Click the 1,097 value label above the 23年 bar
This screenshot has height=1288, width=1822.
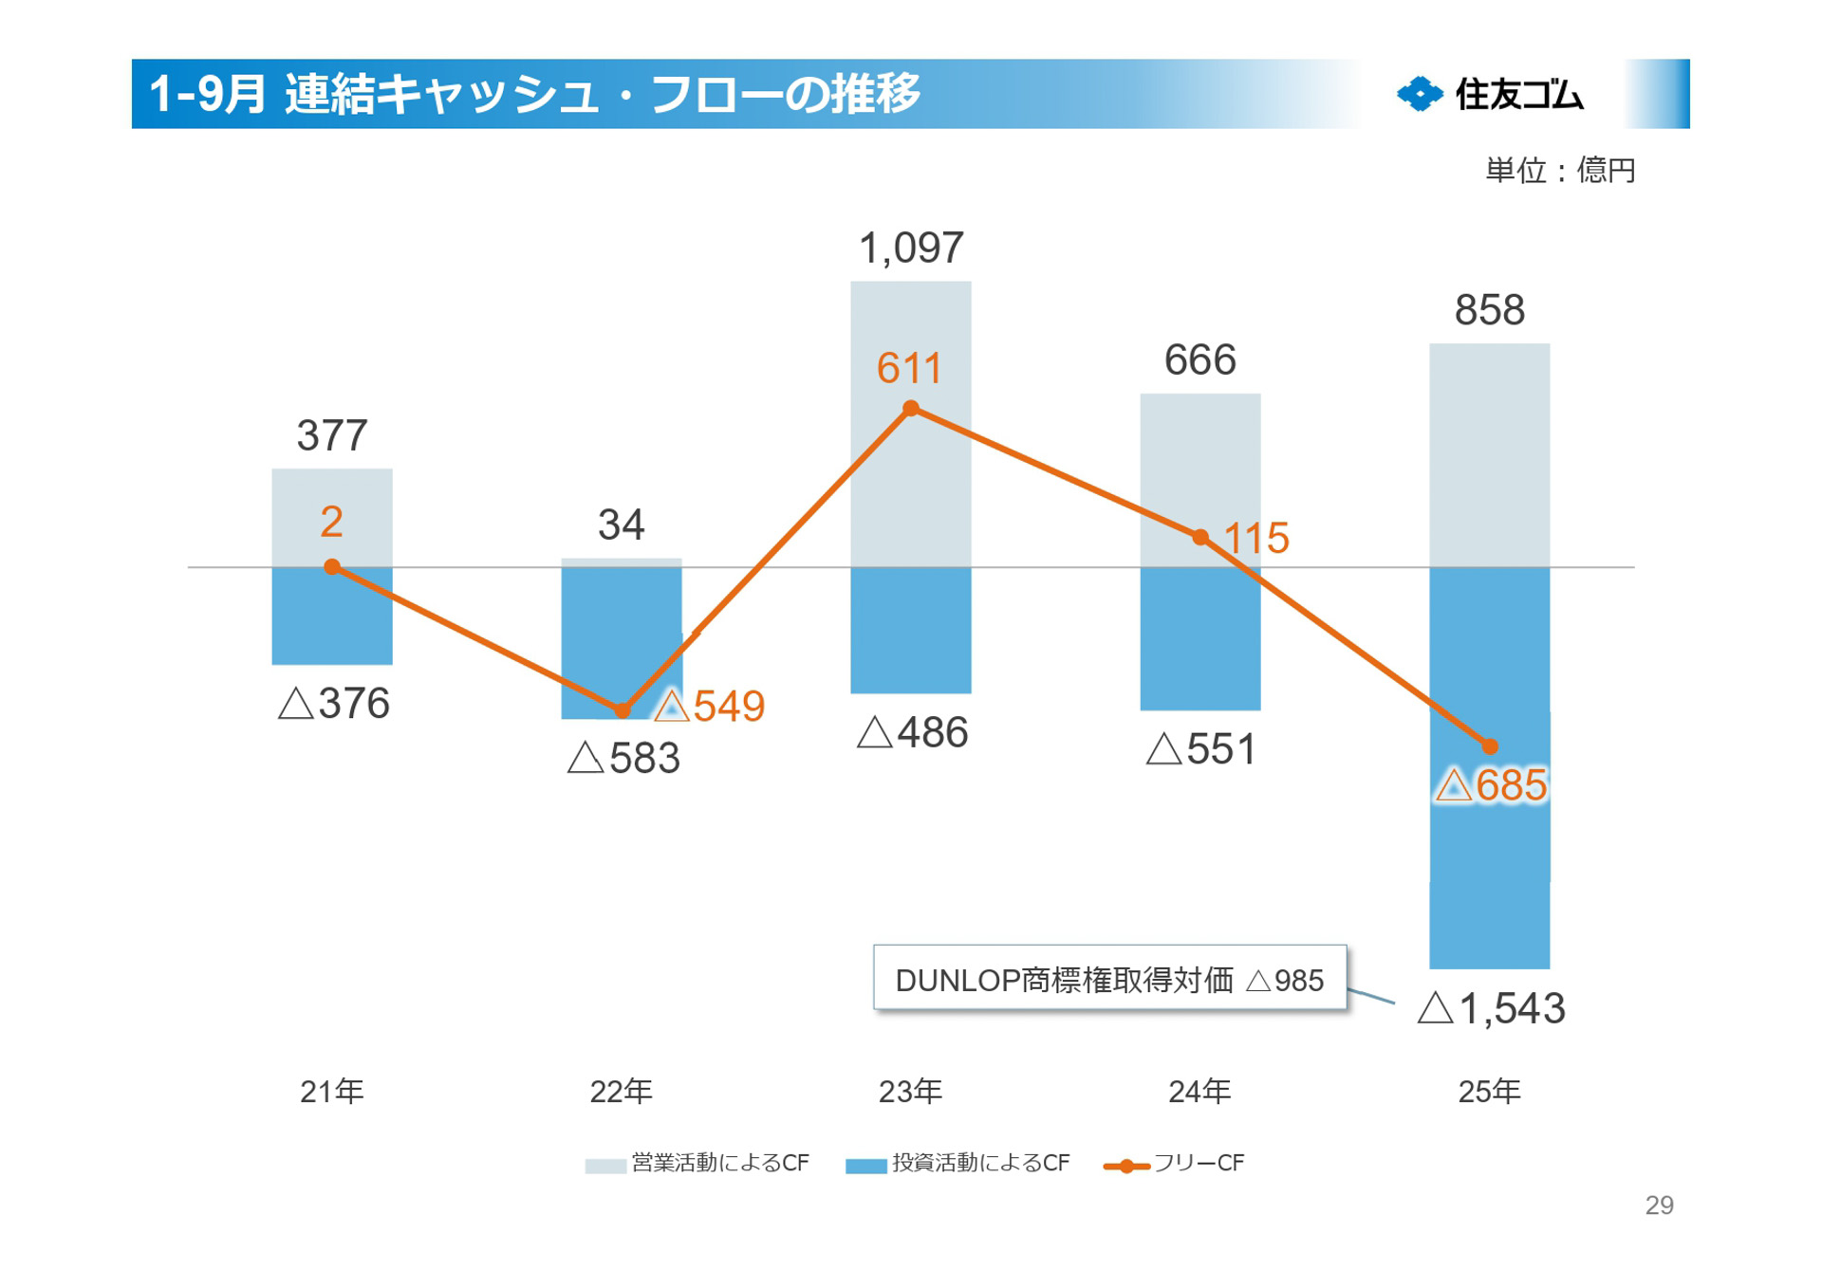911,248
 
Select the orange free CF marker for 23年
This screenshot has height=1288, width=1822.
911,409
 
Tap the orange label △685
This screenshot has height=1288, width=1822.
1491,785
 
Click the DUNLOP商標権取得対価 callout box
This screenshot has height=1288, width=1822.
1109,979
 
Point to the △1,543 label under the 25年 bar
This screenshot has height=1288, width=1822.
1491,1008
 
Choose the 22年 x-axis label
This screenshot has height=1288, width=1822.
622,1092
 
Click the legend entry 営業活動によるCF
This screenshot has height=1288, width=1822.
698,1164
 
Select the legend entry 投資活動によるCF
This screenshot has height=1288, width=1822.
958,1164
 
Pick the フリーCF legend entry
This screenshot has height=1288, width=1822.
1175,1164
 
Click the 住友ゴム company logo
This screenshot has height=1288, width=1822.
1490,94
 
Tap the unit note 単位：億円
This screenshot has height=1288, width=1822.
1560,171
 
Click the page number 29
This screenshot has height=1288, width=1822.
1659,1205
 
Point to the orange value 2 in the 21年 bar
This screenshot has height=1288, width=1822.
331,522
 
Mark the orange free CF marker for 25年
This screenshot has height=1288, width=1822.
1490,747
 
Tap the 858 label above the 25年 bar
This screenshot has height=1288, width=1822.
1490,311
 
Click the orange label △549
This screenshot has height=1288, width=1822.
711,707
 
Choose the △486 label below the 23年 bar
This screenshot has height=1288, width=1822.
912,733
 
